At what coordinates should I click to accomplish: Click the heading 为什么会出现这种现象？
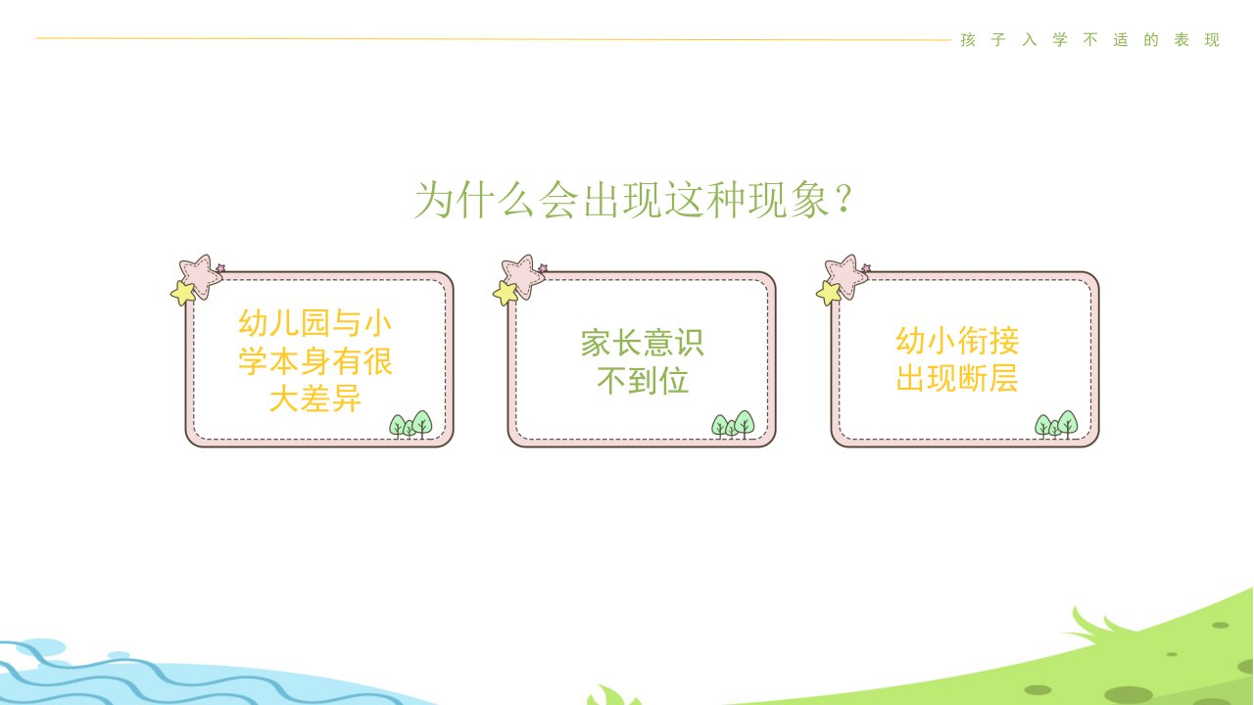click(633, 200)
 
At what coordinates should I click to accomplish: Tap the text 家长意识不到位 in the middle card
click(642, 361)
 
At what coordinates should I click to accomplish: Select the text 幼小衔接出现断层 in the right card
click(957, 359)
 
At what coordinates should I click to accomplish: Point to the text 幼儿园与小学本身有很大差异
click(315, 361)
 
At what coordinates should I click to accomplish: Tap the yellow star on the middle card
click(506, 293)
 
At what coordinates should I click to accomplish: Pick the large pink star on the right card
click(845, 276)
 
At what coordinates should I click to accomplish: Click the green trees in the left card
click(410, 425)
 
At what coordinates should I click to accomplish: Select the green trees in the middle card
click(734, 425)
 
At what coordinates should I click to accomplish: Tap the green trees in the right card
click(1056, 425)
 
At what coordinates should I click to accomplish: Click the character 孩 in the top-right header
click(968, 40)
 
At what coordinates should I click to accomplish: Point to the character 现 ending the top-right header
click(1212, 40)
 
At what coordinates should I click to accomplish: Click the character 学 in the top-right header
click(1060, 40)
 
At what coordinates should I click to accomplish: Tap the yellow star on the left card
click(183, 293)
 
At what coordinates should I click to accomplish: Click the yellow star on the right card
click(829, 293)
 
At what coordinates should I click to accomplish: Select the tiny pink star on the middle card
click(543, 268)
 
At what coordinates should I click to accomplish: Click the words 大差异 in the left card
click(315, 399)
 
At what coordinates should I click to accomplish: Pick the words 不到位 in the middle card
click(643, 381)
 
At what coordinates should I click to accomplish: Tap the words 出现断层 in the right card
click(957, 378)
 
